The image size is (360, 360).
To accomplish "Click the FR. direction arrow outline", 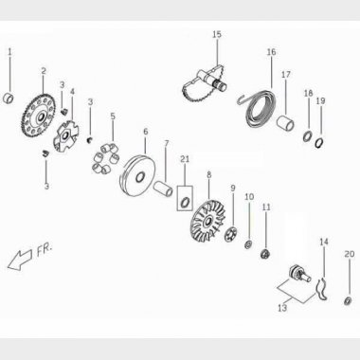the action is coord(20,260).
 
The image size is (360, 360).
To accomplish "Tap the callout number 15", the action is coord(217,34).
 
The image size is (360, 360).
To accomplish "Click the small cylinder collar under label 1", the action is coord(9,99).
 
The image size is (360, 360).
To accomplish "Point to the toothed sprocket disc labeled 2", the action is coord(40,116).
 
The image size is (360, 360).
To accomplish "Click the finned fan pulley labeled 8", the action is coord(208,221).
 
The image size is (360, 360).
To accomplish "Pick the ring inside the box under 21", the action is coord(185,202).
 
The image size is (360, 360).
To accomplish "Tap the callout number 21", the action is coord(185,159).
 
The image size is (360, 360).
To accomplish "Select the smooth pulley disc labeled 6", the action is coord(137,176).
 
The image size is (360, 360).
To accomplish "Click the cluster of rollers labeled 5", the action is coord(106,157).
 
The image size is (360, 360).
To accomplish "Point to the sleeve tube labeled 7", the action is coord(163,188).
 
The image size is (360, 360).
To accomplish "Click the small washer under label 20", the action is coord(348,300).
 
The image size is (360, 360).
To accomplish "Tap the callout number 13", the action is coord(282,308).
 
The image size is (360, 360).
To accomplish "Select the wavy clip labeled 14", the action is coord(322,288).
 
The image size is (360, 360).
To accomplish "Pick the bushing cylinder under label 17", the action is coord(286,123).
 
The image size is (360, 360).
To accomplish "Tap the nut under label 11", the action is coord(265,254).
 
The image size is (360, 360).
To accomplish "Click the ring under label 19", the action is coord(319,142).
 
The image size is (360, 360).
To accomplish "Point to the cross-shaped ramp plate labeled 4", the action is coord(65,136).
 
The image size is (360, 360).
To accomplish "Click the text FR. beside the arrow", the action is coord(45,250).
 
